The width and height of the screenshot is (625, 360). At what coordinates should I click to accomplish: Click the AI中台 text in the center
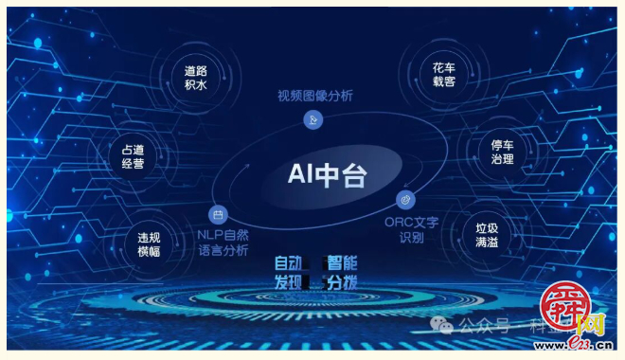pos(327,175)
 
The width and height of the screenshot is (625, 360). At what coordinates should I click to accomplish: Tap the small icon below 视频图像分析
pos(313,119)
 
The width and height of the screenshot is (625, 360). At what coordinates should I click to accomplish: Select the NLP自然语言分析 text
pos(223,243)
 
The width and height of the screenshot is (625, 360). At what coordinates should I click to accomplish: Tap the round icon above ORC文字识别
pos(404,200)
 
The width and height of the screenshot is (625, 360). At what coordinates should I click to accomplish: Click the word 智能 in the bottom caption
pos(341,263)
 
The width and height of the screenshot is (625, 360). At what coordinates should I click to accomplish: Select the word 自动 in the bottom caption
pos(290,263)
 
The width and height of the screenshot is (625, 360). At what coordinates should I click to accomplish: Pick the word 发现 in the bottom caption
pos(290,282)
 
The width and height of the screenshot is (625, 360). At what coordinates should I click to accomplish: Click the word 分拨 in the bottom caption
pos(341,282)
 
